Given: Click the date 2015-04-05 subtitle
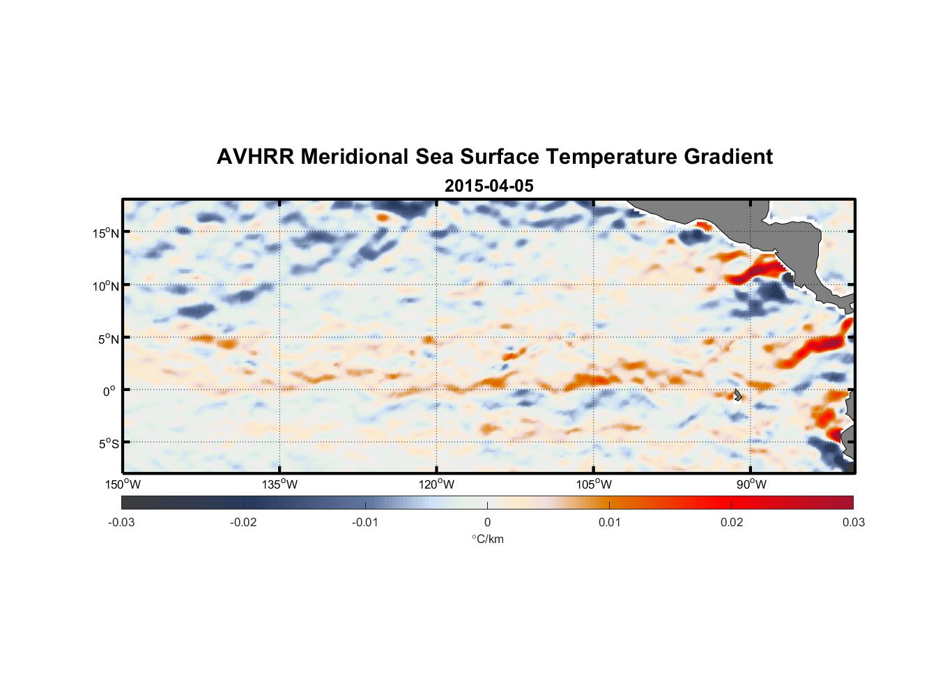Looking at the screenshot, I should click(x=489, y=186).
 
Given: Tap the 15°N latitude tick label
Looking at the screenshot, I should click(x=106, y=233).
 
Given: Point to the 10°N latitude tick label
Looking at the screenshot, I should click(x=106, y=286).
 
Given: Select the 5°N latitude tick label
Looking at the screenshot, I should click(x=108, y=339).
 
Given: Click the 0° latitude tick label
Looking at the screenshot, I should click(x=109, y=391).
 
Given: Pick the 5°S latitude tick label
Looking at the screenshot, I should click(x=108, y=443).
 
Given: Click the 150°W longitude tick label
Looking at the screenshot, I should click(x=123, y=484).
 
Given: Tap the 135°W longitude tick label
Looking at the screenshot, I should click(x=279, y=484).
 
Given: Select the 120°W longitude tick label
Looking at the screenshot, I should click(x=436, y=484).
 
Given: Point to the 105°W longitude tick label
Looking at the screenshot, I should click(x=594, y=484).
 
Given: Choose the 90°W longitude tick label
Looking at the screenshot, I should click(x=751, y=484).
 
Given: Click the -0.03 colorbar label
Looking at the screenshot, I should click(x=121, y=522).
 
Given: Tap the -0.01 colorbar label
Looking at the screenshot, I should click(x=365, y=522).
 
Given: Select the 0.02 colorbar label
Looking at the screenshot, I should click(x=732, y=522).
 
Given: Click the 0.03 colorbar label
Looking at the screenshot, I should click(x=853, y=522).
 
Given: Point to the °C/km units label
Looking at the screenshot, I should click(x=488, y=539).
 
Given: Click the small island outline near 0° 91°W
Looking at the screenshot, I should click(x=737, y=395).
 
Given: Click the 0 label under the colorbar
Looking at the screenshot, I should click(x=487, y=522).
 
